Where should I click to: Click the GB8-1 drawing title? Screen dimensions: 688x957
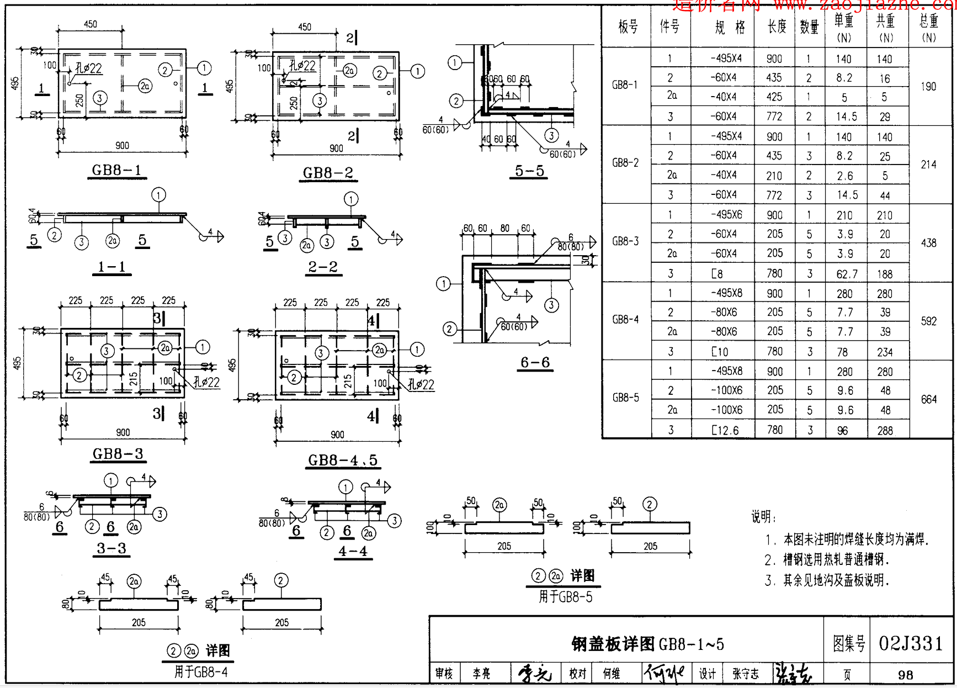pos(116,170)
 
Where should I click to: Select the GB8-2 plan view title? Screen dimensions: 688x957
pos(328,173)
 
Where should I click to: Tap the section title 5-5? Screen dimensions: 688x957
pos(529,171)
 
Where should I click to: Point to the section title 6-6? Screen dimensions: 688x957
pos(535,362)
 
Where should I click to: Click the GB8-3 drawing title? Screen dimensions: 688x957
pos(118,454)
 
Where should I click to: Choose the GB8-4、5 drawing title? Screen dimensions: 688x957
pos(342,461)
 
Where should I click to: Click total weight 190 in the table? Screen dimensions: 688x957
pos(928,87)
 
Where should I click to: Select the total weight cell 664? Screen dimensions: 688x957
pos(928,399)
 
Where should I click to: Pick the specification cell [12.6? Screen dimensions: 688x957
pos(725,430)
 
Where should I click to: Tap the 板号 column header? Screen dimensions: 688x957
pos(628,27)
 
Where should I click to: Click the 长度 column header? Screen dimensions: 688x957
pos(777,27)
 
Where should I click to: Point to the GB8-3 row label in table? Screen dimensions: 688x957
pos(625,241)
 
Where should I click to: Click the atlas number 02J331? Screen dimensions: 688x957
pos(911,643)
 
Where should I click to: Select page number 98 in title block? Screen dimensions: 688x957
pos(905,674)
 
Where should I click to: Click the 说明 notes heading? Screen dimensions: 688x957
pos(763,517)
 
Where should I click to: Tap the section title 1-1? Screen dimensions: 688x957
pos(111,267)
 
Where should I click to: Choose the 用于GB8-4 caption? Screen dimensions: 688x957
pos(201,672)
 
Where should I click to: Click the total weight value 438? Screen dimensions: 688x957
pos(928,243)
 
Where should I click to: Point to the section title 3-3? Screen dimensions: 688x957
pos(111,548)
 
